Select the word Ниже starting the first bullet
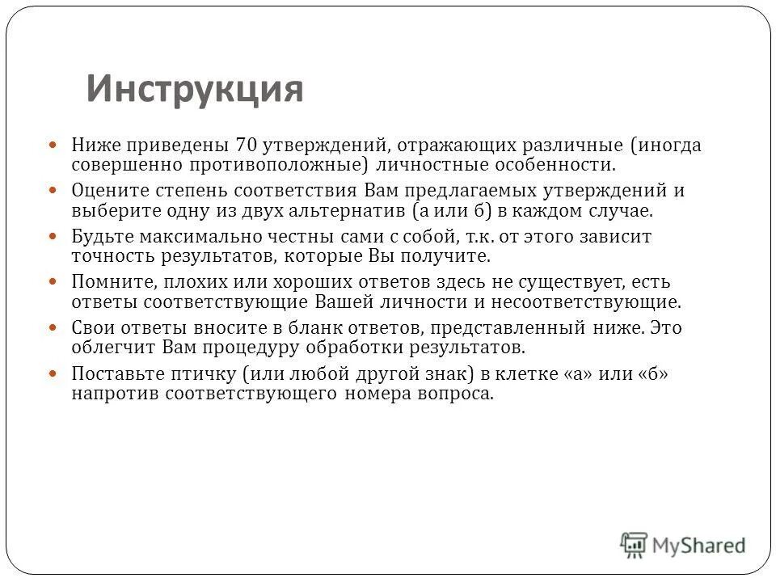[x=95, y=145]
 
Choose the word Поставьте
[x=112, y=376]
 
